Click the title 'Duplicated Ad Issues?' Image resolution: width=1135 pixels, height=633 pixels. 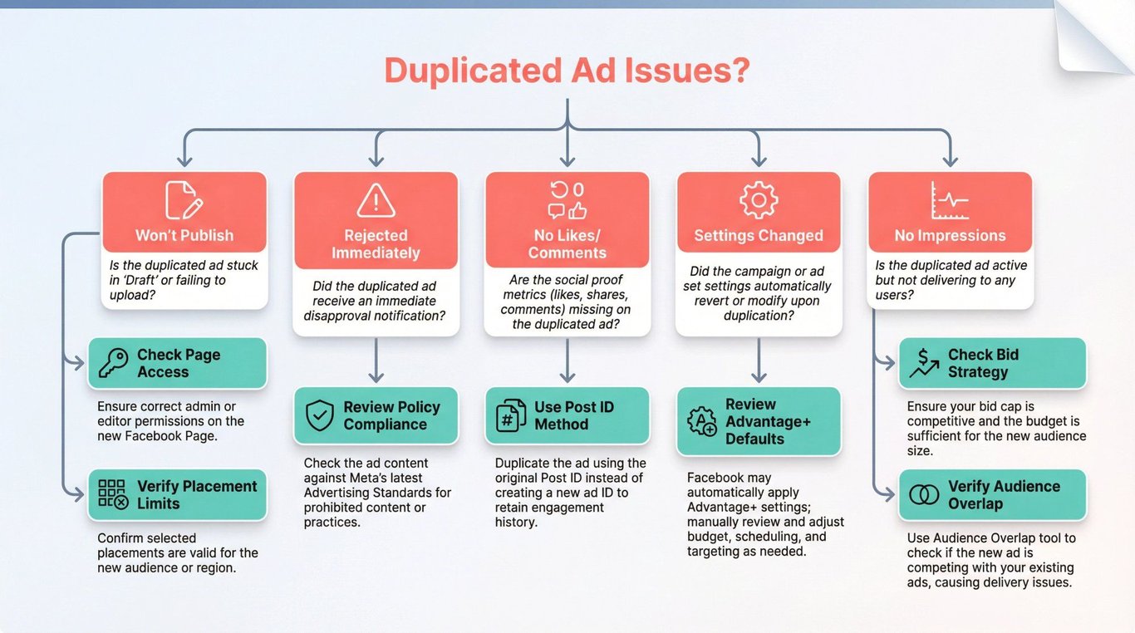tap(567, 71)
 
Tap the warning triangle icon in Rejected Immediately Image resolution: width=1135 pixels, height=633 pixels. tap(376, 200)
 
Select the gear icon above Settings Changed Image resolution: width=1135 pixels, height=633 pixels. tap(759, 200)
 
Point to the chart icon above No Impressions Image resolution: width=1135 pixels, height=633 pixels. tap(950, 200)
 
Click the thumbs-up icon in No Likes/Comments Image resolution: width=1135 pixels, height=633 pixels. tap(577, 211)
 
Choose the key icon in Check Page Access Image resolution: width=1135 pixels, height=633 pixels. tap(114, 362)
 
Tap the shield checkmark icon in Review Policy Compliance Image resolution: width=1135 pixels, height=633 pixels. tap(320, 415)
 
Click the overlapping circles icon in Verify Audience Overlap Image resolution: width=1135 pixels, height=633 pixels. tap(924, 495)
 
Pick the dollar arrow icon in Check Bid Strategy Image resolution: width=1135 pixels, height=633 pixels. tap(924, 363)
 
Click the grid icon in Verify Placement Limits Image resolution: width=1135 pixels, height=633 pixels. tap(113, 494)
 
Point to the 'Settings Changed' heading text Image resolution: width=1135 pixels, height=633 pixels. tap(759, 235)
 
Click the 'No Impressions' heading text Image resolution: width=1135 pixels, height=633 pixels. tap(950, 235)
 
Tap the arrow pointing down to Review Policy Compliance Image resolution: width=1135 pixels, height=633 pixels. tap(376, 361)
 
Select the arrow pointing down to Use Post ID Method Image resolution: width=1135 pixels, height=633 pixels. tap(567, 361)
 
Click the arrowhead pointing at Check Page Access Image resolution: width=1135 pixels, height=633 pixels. tap(78, 362)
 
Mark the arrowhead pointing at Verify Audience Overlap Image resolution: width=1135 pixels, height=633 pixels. tap(888, 494)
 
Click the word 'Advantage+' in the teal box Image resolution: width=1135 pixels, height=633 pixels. tap(768, 421)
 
